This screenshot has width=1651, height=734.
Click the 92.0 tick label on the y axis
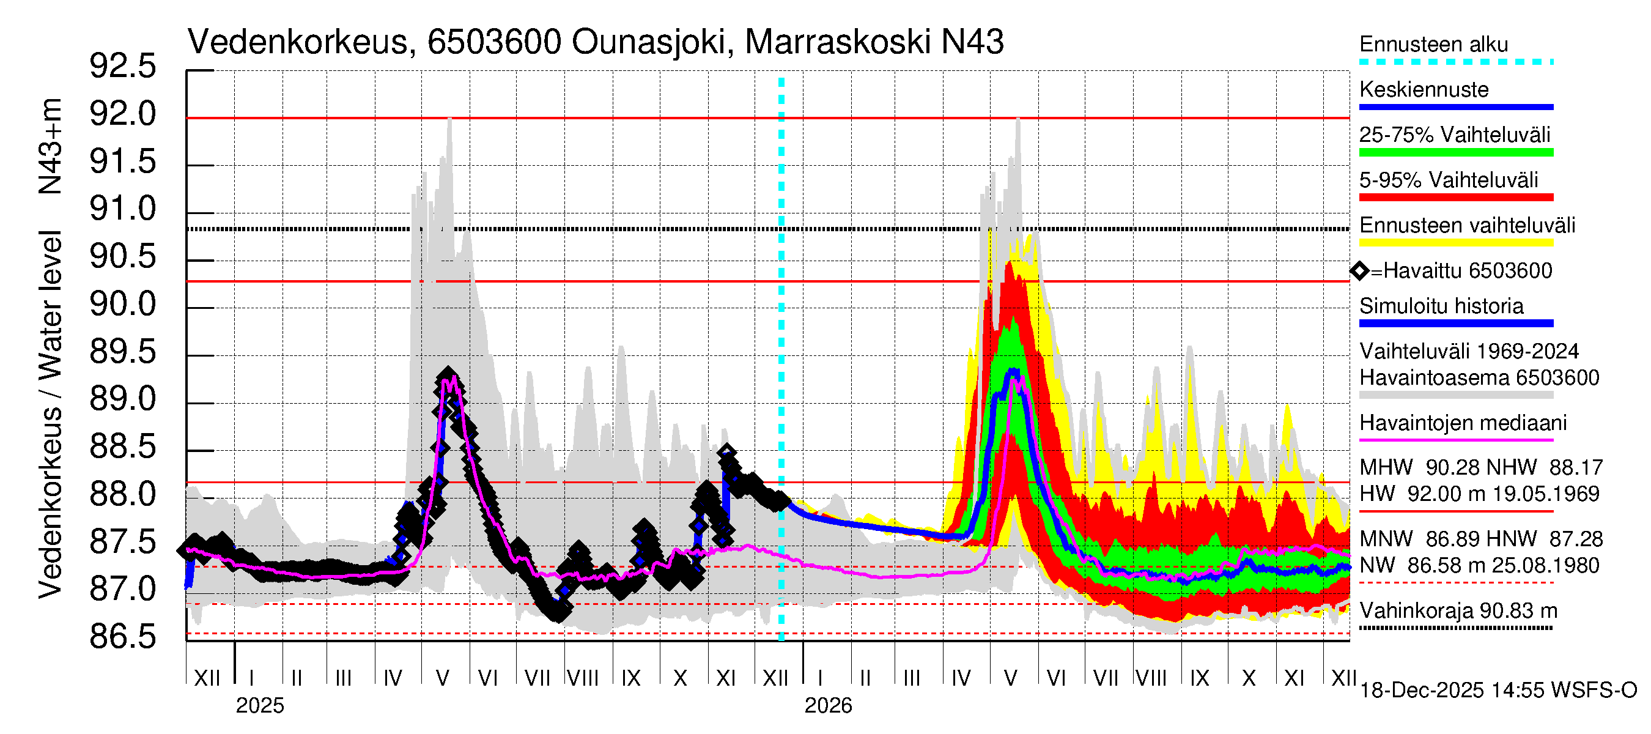(x=122, y=115)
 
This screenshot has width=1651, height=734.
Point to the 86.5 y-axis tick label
(x=122, y=637)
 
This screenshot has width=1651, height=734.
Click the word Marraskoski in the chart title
(x=837, y=42)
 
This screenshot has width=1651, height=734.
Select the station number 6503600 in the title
(x=494, y=42)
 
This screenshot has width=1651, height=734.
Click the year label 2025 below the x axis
(x=259, y=706)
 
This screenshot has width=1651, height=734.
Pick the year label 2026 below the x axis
(x=828, y=706)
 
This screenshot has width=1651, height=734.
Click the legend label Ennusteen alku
(x=1433, y=45)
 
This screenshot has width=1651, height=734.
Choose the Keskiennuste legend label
(x=1424, y=90)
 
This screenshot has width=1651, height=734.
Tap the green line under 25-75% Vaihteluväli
(x=1455, y=152)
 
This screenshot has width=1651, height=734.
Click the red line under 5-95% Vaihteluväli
(x=1455, y=198)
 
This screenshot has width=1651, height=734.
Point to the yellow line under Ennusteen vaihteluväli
(x=1455, y=243)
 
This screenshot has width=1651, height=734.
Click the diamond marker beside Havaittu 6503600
(x=1359, y=271)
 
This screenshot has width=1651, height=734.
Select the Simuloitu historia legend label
(x=1441, y=306)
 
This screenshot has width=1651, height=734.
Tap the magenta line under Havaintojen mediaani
(x=1455, y=440)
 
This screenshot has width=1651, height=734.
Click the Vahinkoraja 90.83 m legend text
(x=1458, y=611)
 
